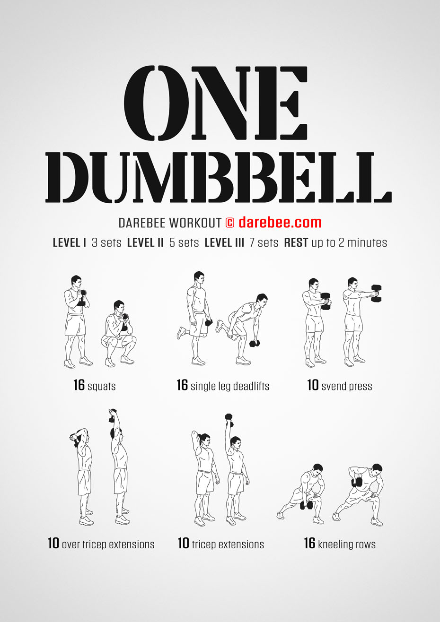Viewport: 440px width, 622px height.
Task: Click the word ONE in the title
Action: [x=216, y=103]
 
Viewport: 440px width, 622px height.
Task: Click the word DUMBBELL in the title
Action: [x=219, y=177]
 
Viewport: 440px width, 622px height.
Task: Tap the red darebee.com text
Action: [x=280, y=223]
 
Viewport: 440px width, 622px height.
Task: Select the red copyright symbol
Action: [x=229, y=223]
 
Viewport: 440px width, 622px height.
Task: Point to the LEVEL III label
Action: [x=224, y=242]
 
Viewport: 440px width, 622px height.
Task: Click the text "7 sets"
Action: [x=264, y=242]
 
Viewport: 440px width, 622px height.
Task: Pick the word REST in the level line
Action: [x=296, y=242]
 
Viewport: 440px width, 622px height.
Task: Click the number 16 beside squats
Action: [x=79, y=385]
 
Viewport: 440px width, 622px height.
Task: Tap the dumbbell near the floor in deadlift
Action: [x=255, y=344]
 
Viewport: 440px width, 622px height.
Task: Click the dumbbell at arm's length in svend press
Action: [x=376, y=293]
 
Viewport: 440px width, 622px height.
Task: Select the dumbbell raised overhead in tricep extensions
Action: [x=229, y=420]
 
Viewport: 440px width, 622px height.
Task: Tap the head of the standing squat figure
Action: [x=76, y=281]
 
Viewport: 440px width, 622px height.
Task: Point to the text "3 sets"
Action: [x=106, y=242]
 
